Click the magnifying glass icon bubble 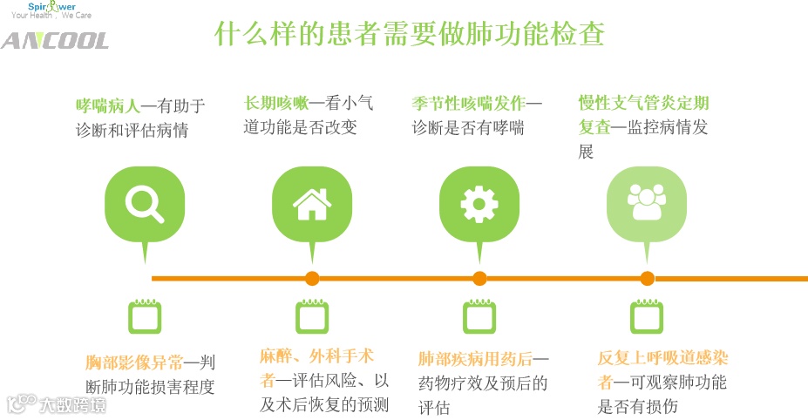144,205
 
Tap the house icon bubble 312,205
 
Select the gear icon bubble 479,205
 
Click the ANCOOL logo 54,41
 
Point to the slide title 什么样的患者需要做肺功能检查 410,35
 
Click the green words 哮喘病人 108,106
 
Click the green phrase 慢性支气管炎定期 642,103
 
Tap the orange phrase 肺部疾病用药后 475,359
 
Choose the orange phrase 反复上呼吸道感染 663,358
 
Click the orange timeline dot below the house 312,279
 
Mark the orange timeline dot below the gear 479,279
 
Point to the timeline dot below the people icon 647,279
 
